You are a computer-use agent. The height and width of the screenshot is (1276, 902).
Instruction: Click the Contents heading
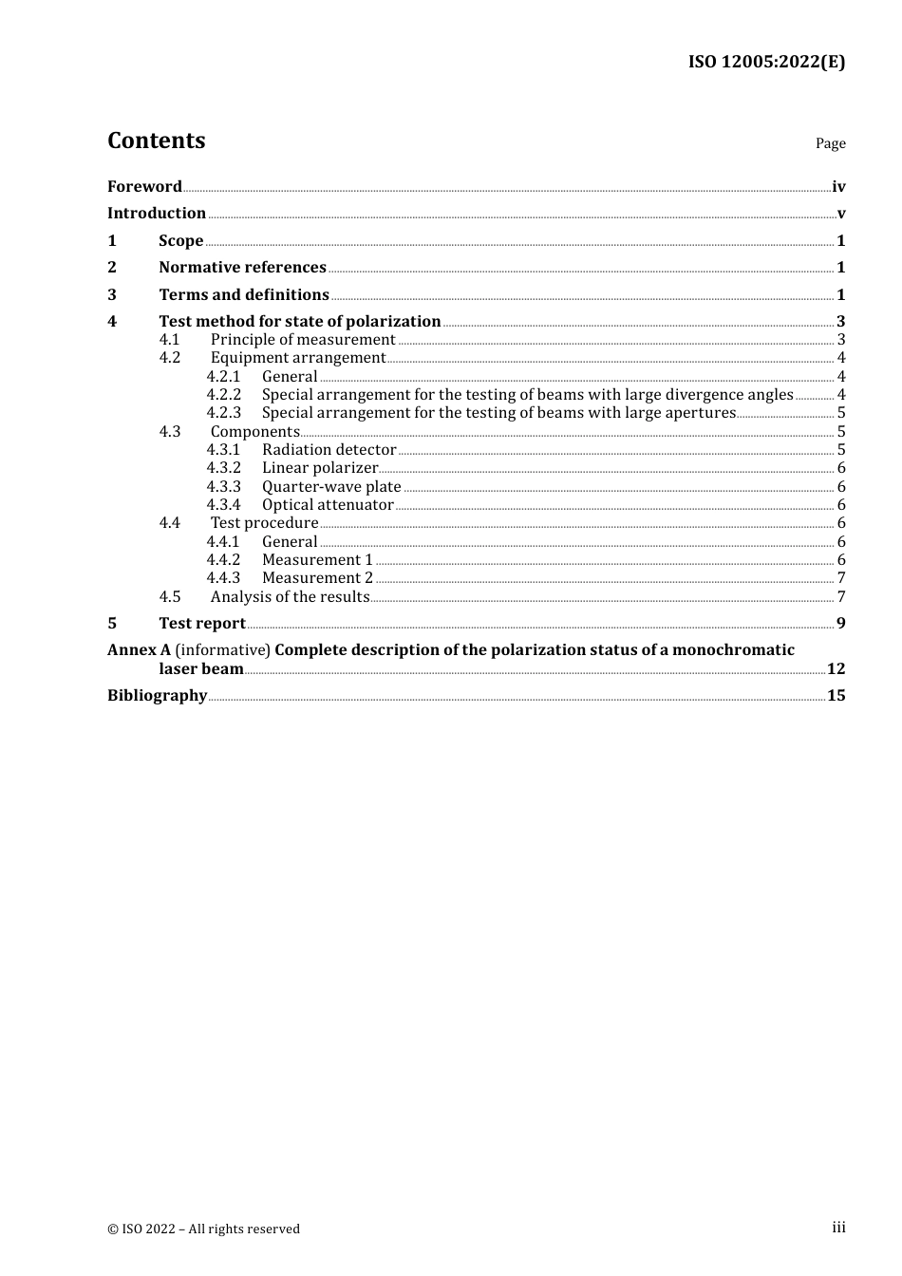(x=156, y=141)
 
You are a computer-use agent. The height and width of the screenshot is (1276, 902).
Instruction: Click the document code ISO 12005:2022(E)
(x=766, y=62)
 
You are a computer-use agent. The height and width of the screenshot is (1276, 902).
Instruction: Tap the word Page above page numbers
(x=830, y=143)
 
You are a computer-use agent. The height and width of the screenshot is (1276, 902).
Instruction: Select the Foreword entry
(x=144, y=186)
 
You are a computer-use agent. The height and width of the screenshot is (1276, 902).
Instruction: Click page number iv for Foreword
(x=838, y=186)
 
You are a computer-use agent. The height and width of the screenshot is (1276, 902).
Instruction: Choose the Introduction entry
(x=157, y=213)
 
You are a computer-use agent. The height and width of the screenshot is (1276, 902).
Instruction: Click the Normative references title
(x=242, y=267)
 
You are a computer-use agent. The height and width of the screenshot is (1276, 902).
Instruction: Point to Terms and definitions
(x=244, y=294)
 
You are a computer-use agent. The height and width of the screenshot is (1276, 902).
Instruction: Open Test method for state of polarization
(x=300, y=321)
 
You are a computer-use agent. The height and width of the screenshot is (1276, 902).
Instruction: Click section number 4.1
(x=169, y=339)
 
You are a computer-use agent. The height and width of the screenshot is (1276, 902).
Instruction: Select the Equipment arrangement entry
(x=298, y=358)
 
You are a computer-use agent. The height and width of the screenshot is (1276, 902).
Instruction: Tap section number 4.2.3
(x=224, y=413)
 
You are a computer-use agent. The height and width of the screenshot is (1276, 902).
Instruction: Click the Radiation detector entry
(x=329, y=450)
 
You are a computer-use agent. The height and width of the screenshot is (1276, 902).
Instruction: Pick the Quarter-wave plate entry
(x=331, y=487)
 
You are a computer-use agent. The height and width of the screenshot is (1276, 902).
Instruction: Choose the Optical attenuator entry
(x=328, y=505)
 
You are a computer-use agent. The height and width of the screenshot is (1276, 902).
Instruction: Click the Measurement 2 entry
(x=317, y=578)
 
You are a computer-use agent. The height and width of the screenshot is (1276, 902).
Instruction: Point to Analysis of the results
(x=290, y=597)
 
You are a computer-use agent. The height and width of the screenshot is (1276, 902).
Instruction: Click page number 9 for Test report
(x=840, y=624)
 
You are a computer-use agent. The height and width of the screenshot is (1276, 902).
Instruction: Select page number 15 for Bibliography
(x=836, y=696)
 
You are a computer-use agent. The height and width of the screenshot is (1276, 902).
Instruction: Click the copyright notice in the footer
(x=203, y=1229)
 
